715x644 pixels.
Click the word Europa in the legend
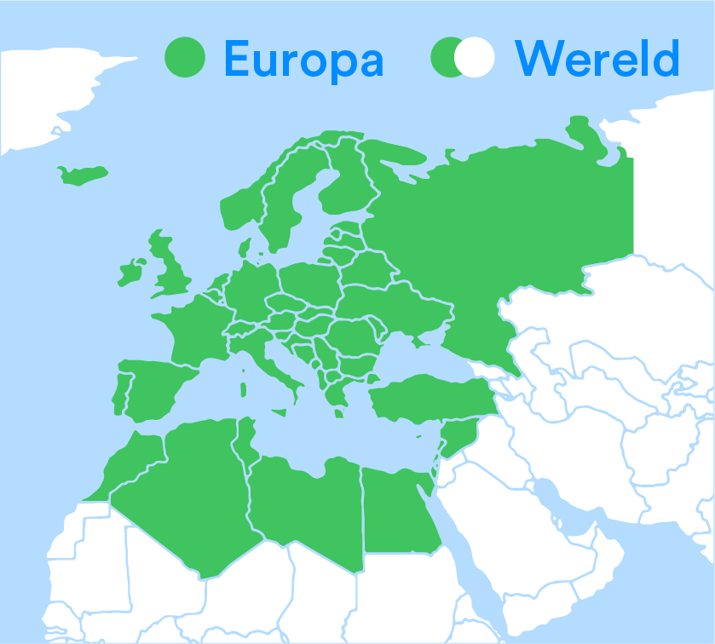[x=303, y=58]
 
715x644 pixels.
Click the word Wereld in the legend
[x=597, y=58]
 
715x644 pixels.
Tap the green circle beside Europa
[x=186, y=57]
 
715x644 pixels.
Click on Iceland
[x=82, y=175]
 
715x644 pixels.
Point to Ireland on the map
[x=131, y=273]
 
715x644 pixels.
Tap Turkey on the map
[x=426, y=399]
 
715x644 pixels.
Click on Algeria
[x=196, y=494]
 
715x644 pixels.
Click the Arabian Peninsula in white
[x=545, y=528]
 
